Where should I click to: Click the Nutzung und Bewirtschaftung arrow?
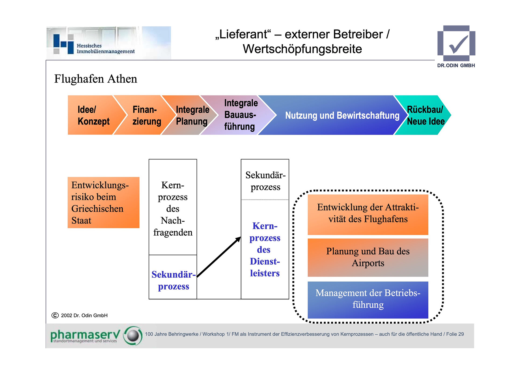pos(337,115)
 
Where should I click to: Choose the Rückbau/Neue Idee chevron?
pos(424,115)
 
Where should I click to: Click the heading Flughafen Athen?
pos(96,79)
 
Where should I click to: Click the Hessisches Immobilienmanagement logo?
pos(109,43)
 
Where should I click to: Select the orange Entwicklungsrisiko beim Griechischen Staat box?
pos(103,203)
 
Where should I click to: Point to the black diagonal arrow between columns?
pos(219,257)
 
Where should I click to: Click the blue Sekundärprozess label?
pos(173,280)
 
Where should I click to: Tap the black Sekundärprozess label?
pos(266,181)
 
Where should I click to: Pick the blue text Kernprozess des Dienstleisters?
pos(265,249)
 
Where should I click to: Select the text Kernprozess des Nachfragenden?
pos(173,208)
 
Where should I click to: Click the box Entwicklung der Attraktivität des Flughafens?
pos(368,215)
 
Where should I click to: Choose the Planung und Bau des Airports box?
pos(368,257)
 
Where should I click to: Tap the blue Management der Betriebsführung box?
pos(368,300)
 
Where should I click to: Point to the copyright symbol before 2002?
pos(55,315)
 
